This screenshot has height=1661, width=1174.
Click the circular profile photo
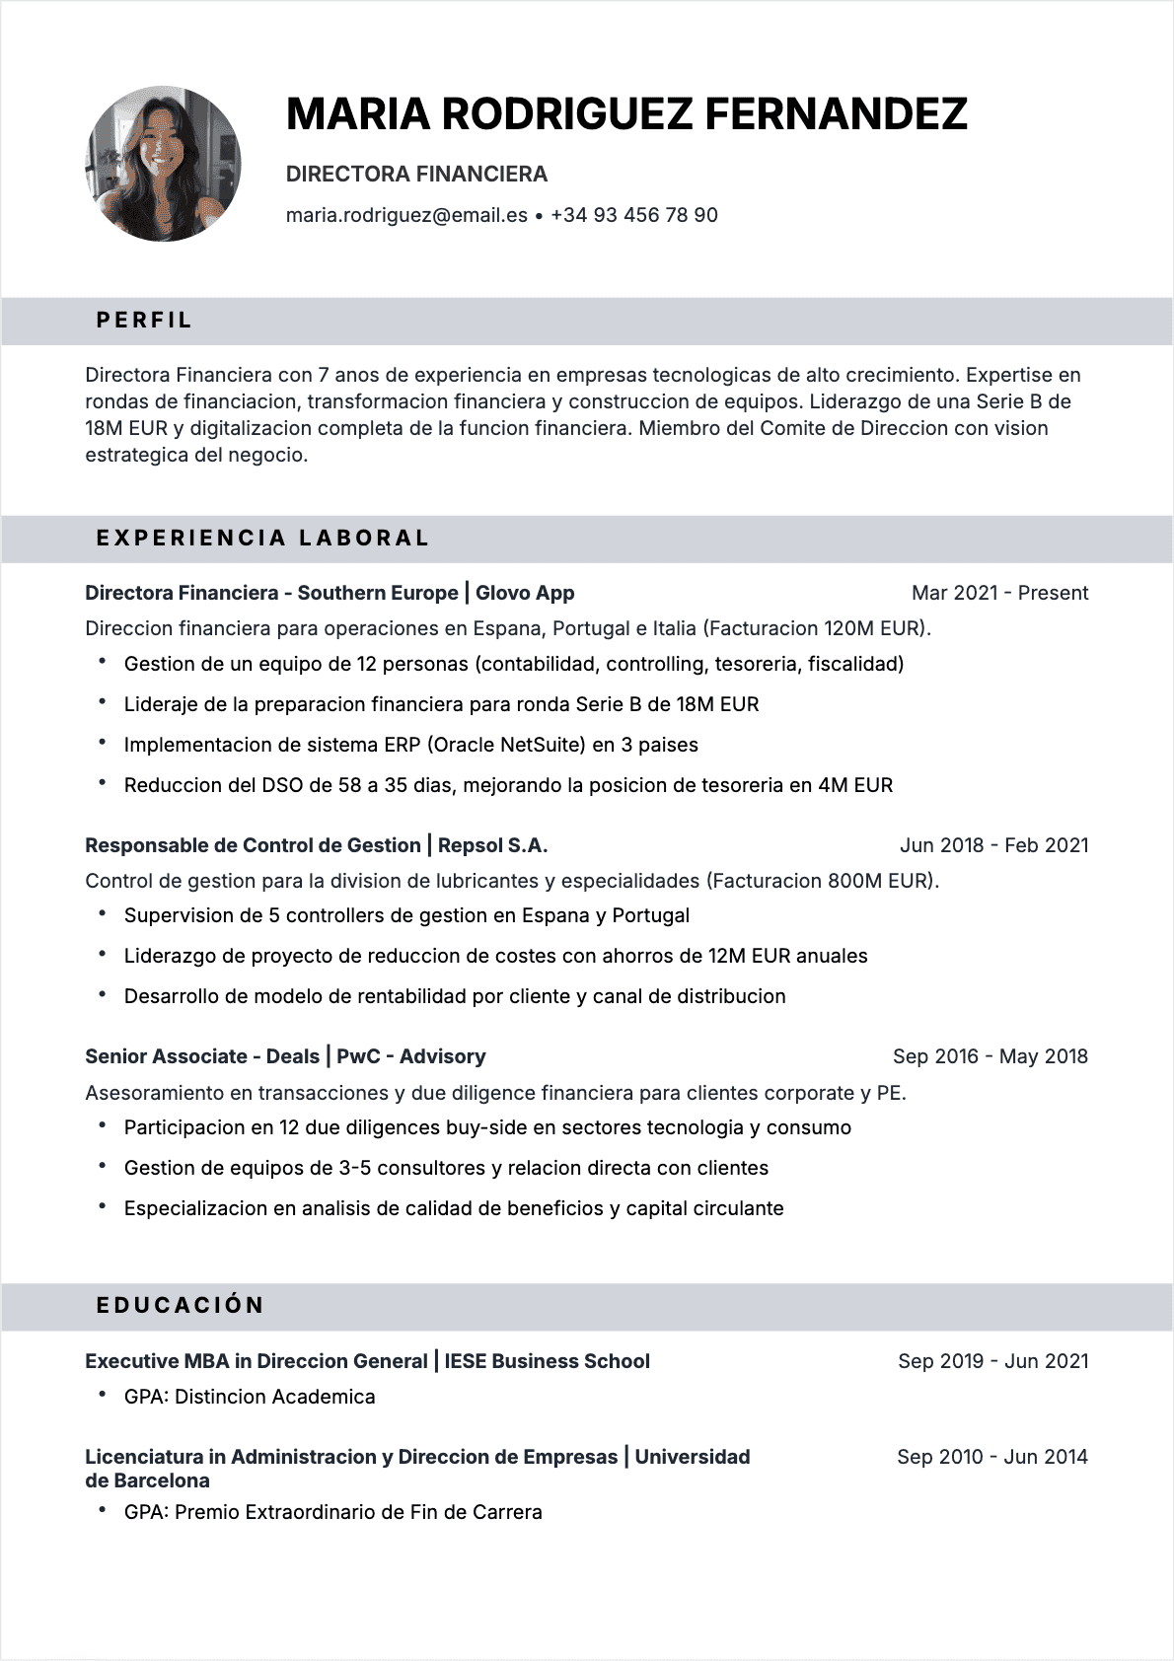click(x=163, y=164)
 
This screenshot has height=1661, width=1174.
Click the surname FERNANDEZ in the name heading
click(x=836, y=114)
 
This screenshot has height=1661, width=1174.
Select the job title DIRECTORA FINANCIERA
click(x=416, y=175)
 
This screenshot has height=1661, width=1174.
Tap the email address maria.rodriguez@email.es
click(x=406, y=215)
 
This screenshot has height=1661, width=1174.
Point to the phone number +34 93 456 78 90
click(x=633, y=215)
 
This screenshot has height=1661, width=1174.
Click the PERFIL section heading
click(x=144, y=321)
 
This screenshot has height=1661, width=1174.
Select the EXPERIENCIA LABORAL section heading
click(x=262, y=539)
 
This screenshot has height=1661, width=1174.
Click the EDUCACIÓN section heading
click(x=181, y=1306)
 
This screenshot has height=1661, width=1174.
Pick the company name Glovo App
click(x=525, y=593)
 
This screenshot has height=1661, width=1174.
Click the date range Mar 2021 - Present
click(x=999, y=593)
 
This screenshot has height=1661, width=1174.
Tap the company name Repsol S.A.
click(x=492, y=845)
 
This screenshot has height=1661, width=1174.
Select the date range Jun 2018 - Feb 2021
click(x=993, y=845)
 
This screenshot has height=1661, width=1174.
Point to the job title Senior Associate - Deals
click(x=202, y=1056)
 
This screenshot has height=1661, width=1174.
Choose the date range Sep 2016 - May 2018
click(x=990, y=1056)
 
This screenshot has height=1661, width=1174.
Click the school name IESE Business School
click(x=547, y=1361)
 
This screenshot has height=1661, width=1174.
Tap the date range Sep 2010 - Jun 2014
click(x=991, y=1457)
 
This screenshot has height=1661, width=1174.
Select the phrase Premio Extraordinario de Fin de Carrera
click(x=358, y=1512)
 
